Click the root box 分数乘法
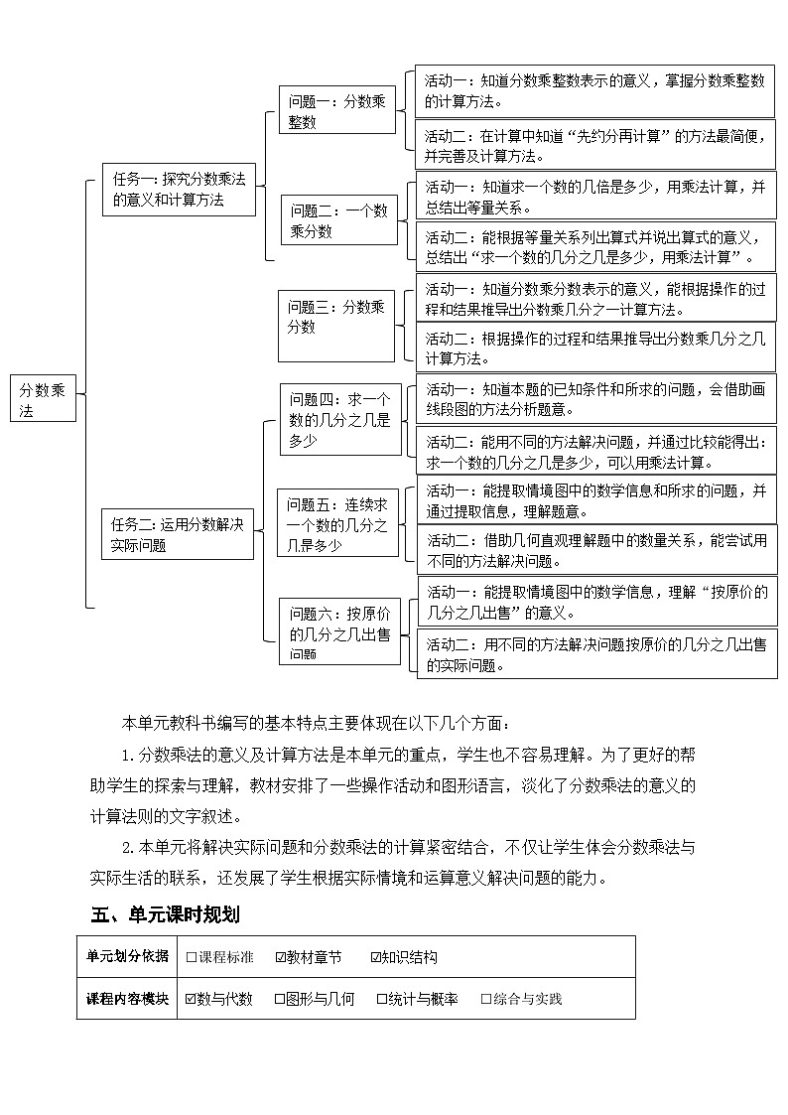click(x=44, y=398)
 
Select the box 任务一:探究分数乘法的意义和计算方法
click(x=179, y=189)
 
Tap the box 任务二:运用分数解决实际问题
click(x=178, y=534)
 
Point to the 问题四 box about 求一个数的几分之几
click(x=339, y=419)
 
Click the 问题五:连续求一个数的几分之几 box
click(x=338, y=524)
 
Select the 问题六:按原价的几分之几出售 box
click(x=339, y=631)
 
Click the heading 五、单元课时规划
click(x=165, y=913)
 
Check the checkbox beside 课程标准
click(x=192, y=957)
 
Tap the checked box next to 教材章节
click(x=281, y=957)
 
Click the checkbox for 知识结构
click(x=376, y=957)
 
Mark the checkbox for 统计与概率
click(x=382, y=999)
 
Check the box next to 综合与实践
click(x=486, y=999)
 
